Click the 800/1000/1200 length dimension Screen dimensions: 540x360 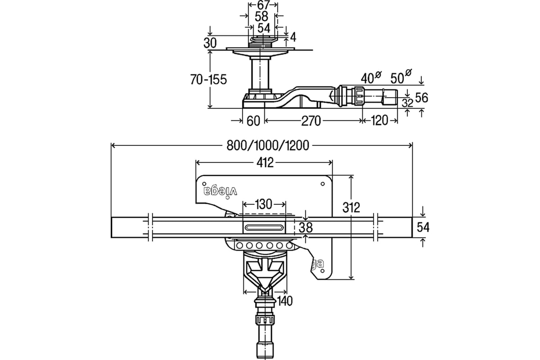pyautogui.click(x=268, y=145)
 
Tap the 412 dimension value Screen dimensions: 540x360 pyautogui.click(x=265, y=163)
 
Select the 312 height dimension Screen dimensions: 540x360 pyautogui.click(x=351, y=207)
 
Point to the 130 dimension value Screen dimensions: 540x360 pyautogui.click(x=264, y=204)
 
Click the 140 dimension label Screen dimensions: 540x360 pyautogui.click(x=285, y=301)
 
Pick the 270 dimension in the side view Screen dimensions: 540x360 pyautogui.click(x=311, y=121)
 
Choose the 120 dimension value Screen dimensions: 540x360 pyautogui.click(x=379, y=120)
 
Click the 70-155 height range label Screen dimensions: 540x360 pyautogui.click(x=208, y=79)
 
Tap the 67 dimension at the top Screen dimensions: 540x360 pyautogui.click(x=262, y=5)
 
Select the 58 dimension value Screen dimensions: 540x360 pyautogui.click(x=261, y=16)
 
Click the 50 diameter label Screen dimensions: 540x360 pyautogui.click(x=401, y=76)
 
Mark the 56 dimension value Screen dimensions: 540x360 pyautogui.click(x=422, y=98)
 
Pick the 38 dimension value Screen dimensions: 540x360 pyautogui.click(x=306, y=227)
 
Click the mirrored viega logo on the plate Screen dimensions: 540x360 pyautogui.click(x=220, y=191)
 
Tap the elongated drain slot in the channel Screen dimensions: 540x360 pyautogui.click(x=264, y=228)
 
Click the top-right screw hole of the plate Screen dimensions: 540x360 pyautogui.click(x=323, y=184)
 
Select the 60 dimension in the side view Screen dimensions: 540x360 pyautogui.click(x=253, y=121)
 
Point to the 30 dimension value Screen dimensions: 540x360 pyautogui.click(x=210, y=43)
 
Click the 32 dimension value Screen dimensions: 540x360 pyautogui.click(x=407, y=103)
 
